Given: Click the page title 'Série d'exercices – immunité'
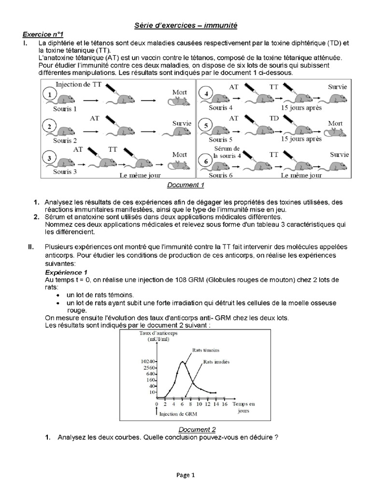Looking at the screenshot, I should [185, 25].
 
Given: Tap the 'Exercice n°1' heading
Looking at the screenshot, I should [43, 34].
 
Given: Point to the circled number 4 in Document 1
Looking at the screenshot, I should [206, 93].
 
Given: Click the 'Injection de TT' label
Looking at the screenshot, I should [78, 85].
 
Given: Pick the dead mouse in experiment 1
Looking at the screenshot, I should [177, 102].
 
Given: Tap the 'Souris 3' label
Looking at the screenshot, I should [65, 172].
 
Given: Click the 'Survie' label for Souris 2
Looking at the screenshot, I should [182, 124].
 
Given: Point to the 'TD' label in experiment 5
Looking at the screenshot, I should [274, 118].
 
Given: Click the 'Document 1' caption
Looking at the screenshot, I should [186, 185].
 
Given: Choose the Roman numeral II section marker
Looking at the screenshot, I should [30, 247].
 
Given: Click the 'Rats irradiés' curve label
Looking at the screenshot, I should [216, 362].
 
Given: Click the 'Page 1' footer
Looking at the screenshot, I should [185, 475].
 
